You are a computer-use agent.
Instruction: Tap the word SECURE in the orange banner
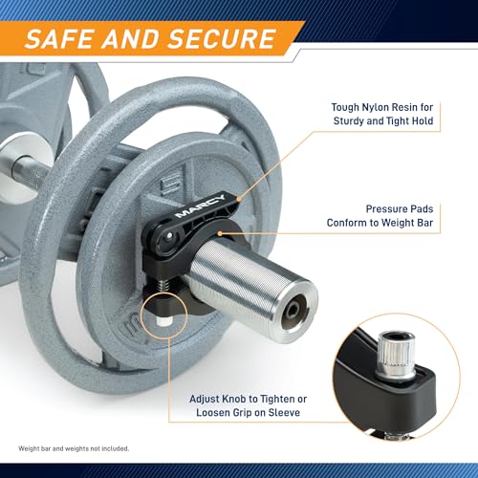click(x=223, y=39)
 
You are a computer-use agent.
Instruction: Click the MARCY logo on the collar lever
click(x=200, y=206)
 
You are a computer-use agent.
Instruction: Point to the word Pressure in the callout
click(x=383, y=209)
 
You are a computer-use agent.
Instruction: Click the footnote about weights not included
click(x=74, y=448)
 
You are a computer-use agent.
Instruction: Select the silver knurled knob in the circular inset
click(x=396, y=355)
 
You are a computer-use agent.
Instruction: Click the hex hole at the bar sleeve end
click(x=293, y=310)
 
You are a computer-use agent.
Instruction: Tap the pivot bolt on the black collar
click(x=169, y=236)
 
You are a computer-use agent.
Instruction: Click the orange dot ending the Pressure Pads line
click(x=220, y=233)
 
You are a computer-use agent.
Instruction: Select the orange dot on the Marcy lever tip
click(x=238, y=199)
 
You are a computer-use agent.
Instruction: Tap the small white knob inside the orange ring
click(x=163, y=321)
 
